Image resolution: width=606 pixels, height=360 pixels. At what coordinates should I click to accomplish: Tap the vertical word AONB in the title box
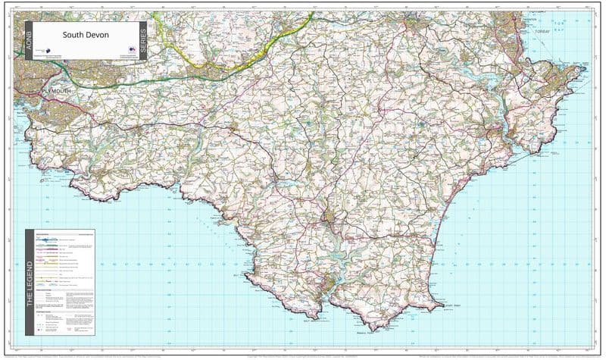click(x=29, y=40)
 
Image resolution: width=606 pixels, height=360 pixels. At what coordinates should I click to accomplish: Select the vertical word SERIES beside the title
click(x=144, y=40)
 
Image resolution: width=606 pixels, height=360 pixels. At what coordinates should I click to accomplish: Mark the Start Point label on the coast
click(x=451, y=305)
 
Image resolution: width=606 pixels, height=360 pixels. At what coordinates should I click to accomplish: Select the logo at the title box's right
click(x=131, y=51)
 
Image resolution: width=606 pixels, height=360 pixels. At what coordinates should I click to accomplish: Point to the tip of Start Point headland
click(x=442, y=307)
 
